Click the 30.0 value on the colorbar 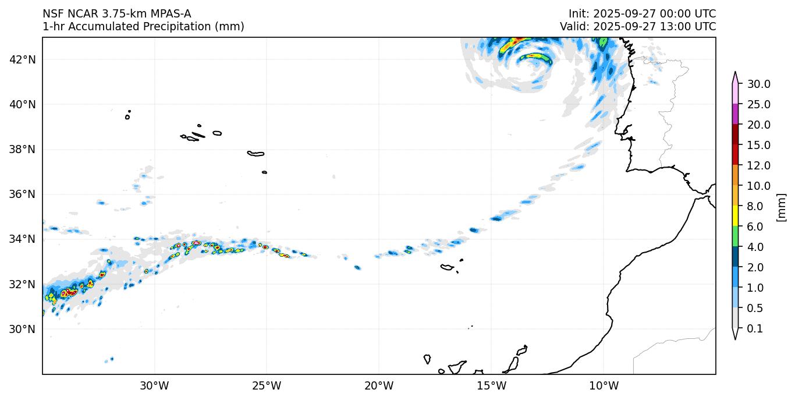(759, 84)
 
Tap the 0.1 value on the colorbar (755, 329)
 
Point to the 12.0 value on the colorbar (759, 165)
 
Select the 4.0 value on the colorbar (755, 247)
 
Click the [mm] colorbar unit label (782, 207)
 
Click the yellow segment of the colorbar (735, 217)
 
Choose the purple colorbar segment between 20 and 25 (735, 114)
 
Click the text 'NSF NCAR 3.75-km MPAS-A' (116, 13)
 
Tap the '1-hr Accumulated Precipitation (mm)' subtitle (143, 26)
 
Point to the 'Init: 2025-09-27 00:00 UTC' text (642, 13)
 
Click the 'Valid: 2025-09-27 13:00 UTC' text (638, 26)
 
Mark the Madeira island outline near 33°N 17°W (447, 267)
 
